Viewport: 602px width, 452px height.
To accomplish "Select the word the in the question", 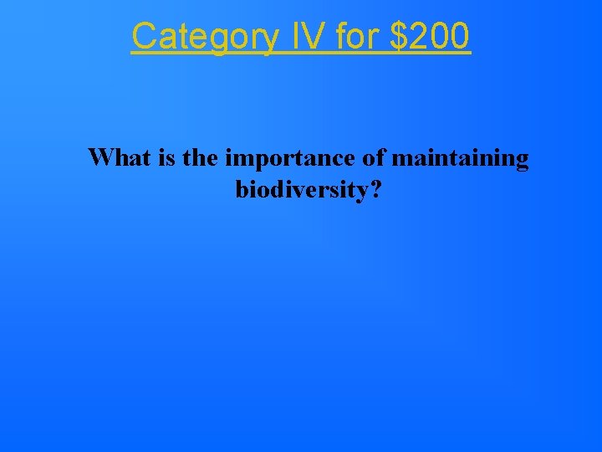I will pyautogui.click(x=199, y=157).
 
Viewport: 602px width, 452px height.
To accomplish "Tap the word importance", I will pyautogui.click(x=288, y=159).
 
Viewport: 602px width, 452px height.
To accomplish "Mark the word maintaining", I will pyautogui.click(x=460, y=159).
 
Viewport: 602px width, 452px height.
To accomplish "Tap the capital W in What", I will pyautogui.click(x=101, y=157).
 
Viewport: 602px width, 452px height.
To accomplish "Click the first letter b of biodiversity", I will pyautogui.click(x=242, y=190).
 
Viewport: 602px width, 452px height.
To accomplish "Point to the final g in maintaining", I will pyautogui.click(x=522, y=161).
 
